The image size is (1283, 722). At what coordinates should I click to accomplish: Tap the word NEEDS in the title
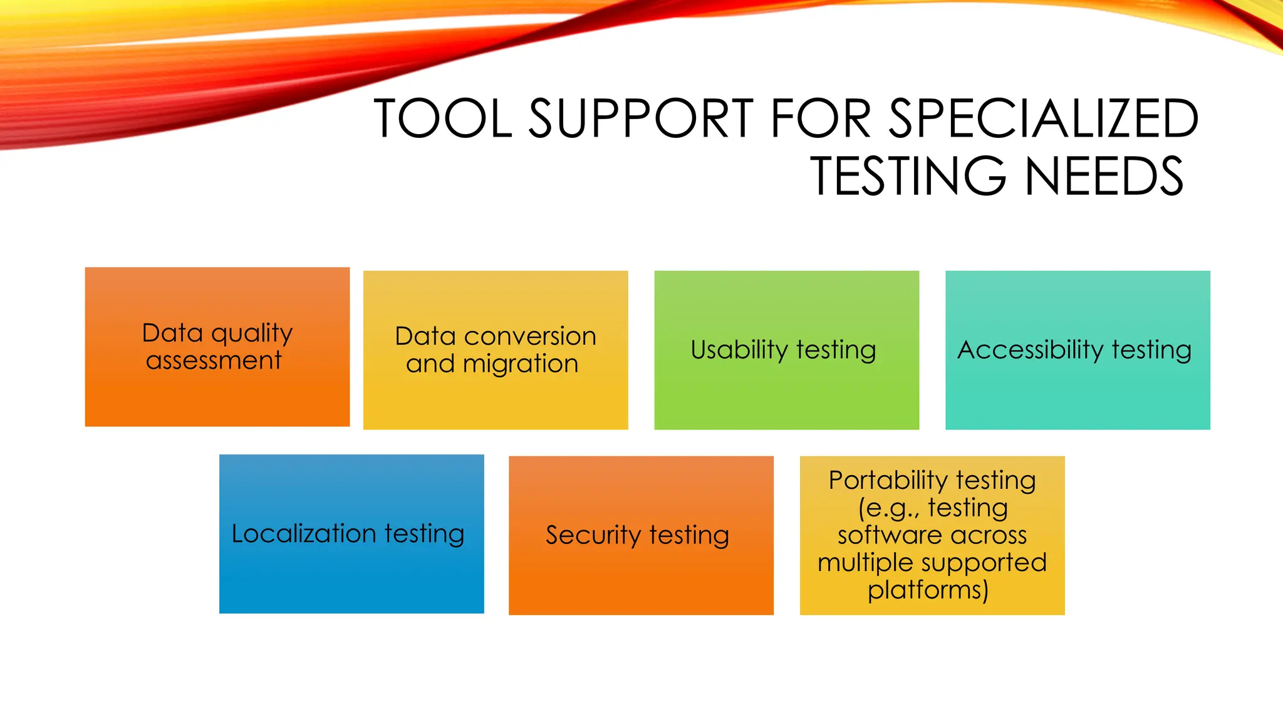[1104, 176]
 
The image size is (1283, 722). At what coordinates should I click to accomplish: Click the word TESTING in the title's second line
[909, 176]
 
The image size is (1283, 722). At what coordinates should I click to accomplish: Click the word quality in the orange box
[252, 333]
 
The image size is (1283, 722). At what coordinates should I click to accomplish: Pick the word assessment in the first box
[214, 360]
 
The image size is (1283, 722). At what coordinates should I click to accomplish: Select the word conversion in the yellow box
[530, 337]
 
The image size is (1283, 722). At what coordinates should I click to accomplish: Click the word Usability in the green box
[739, 350]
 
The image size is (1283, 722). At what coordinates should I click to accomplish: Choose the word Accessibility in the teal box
[1030, 350]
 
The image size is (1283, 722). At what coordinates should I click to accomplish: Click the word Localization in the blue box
[303, 533]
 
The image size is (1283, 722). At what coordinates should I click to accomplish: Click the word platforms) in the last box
[928, 590]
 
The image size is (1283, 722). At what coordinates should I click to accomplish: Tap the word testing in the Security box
[689, 535]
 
